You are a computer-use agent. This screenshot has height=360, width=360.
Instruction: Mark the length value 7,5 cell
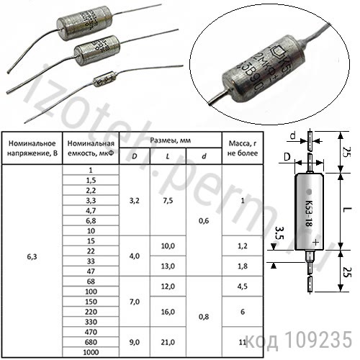point(168,201)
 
